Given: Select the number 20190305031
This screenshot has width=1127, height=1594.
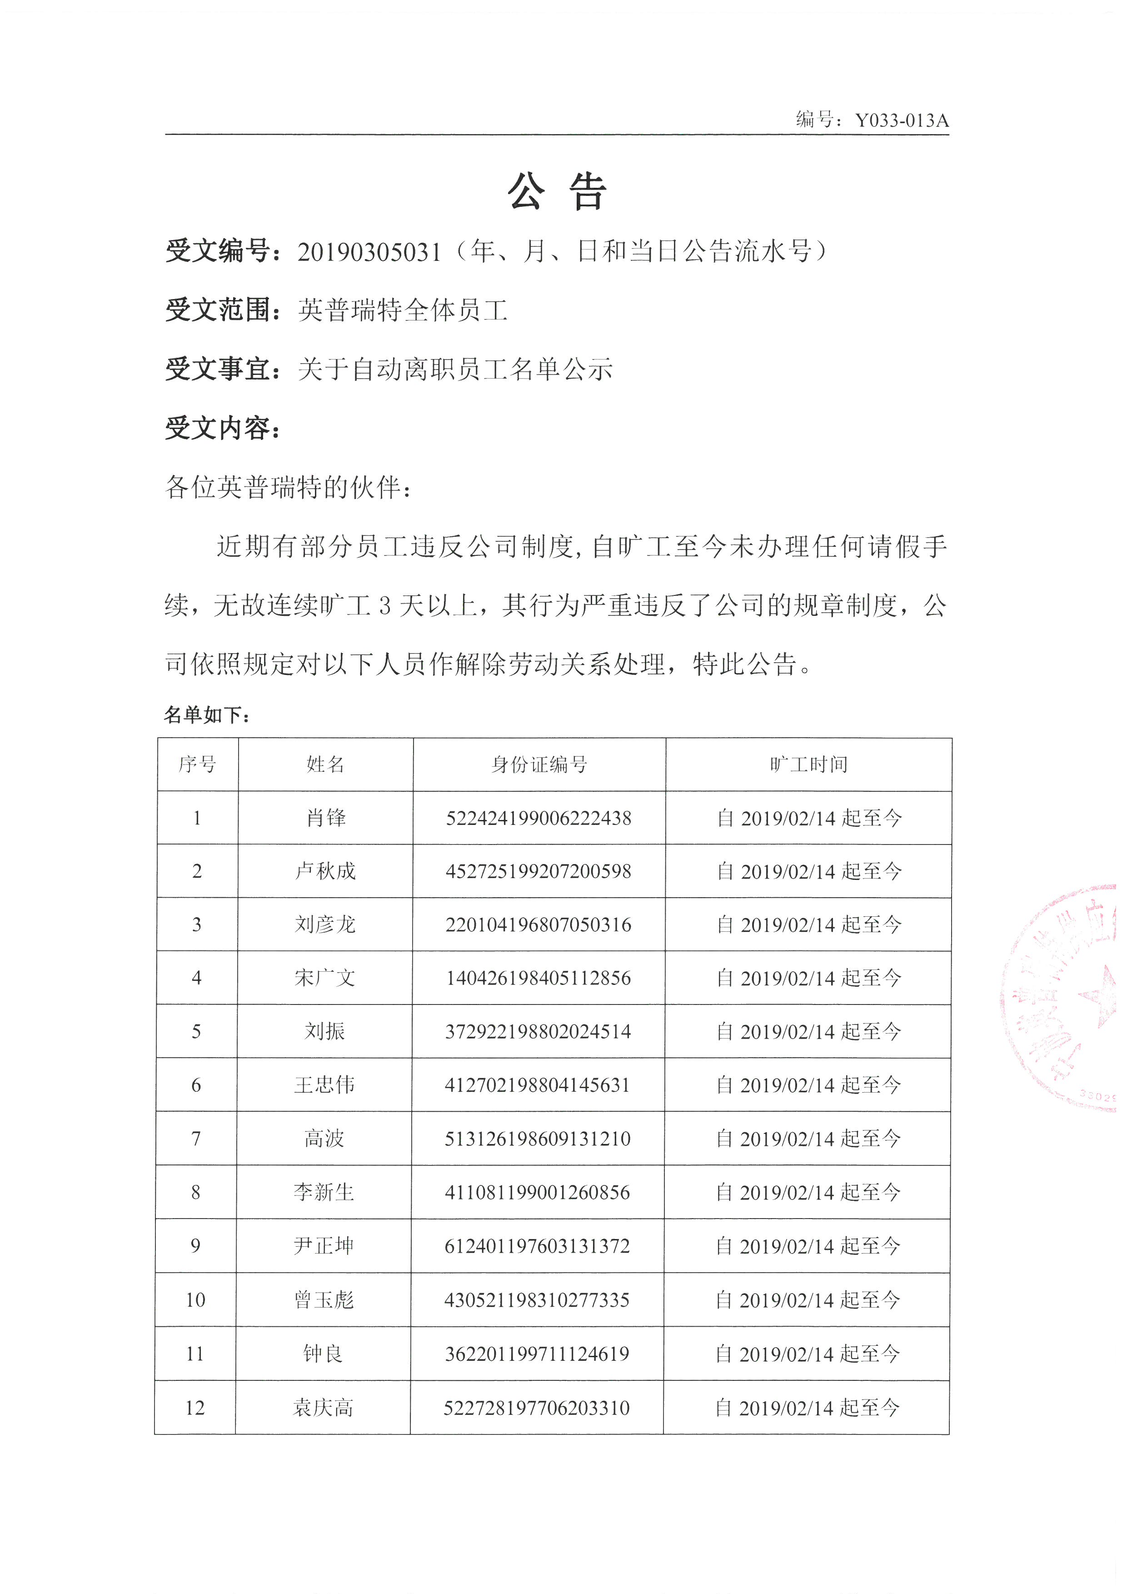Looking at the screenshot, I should (x=369, y=252).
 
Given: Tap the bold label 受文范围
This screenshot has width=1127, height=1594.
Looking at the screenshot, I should (x=218, y=310).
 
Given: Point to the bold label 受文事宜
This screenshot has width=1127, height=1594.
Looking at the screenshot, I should (x=218, y=369).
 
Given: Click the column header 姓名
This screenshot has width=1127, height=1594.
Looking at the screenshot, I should (x=325, y=765).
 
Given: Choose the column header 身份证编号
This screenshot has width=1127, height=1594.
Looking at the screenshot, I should (x=539, y=765).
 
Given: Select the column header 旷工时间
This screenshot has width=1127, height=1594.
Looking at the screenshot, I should (x=808, y=765).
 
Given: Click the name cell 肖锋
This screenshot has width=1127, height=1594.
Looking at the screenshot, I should (x=325, y=818).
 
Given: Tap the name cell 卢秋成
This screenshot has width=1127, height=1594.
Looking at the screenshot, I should (x=325, y=871).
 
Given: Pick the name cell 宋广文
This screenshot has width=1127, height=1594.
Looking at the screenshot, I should (x=325, y=978).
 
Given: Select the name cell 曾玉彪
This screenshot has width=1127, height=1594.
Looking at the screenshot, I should (x=324, y=1299).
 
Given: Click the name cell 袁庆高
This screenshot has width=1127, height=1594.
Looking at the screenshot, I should (x=324, y=1407).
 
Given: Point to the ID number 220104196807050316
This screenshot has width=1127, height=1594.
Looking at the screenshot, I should (x=539, y=925).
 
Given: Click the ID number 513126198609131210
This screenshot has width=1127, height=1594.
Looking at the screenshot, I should (x=538, y=1139).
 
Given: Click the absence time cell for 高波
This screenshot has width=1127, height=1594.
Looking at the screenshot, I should (x=808, y=1139).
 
